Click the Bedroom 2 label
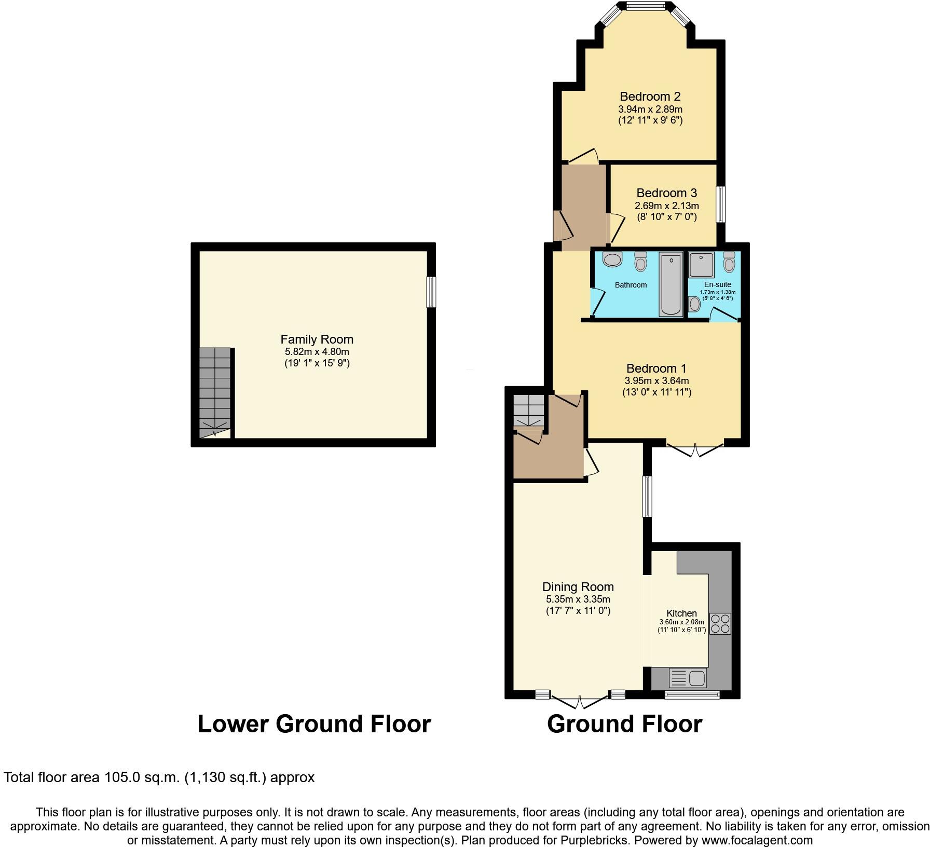click(x=650, y=97)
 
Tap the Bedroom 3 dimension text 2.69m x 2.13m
click(x=666, y=206)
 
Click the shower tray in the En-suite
click(x=702, y=264)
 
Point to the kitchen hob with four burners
click(x=720, y=623)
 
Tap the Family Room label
click(x=317, y=339)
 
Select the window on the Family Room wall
click(x=431, y=292)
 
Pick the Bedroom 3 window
click(x=720, y=204)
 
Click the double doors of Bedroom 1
click(x=695, y=448)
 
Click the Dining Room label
click(x=578, y=587)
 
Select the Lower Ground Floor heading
click(x=314, y=724)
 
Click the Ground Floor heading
click(x=624, y=724)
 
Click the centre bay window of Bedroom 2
click(x=645, y=6)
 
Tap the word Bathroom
click(x=631, y=285)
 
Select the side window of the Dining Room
click(x=647, y=496)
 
